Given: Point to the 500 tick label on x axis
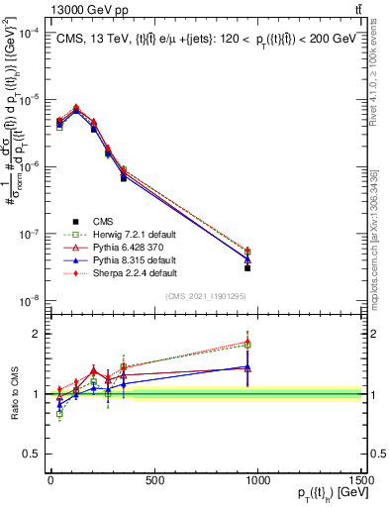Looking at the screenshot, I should [x=154, y=480].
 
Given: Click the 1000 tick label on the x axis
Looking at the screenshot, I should [x=258, y=480].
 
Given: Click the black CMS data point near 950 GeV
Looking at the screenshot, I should [x=247, y=268].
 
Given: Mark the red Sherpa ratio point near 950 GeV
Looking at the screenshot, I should [x=247, y=343].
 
